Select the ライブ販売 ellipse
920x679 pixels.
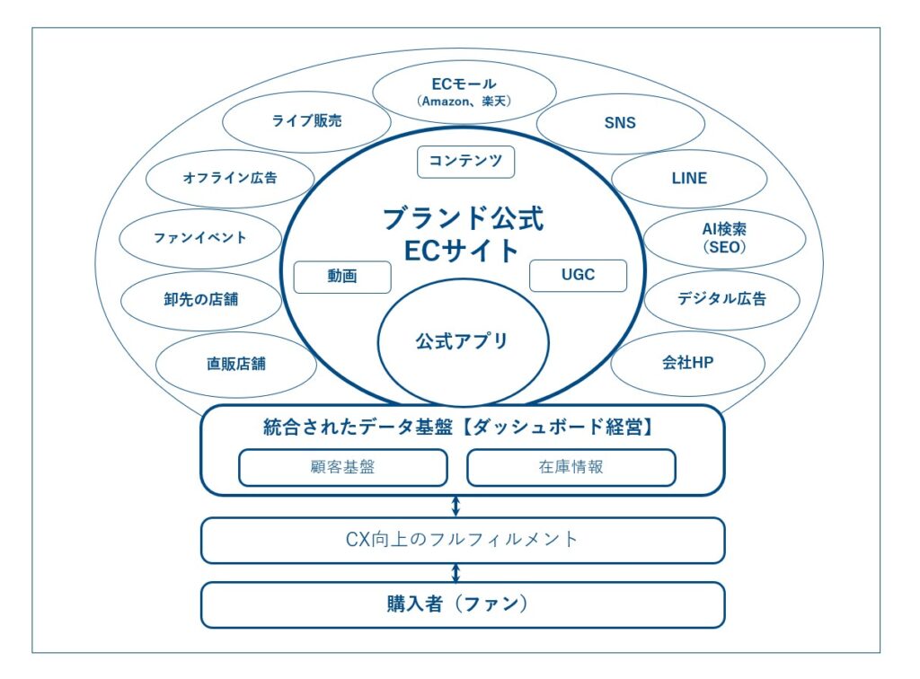(306, 121)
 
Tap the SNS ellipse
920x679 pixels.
(619, 122)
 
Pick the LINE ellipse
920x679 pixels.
(689, 178)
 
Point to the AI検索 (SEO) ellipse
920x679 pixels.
(723, 238)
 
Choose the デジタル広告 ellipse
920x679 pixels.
(721, 299)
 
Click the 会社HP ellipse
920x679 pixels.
(687, 363)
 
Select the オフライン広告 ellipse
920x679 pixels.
(230, 178)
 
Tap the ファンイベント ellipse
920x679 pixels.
(200, 238)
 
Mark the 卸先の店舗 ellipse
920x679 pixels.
(201, 299)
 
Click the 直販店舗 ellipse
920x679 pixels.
(235, 364)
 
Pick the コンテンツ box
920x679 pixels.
(465, 162)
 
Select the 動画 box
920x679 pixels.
(342, 277)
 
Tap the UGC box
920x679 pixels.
(578, 275)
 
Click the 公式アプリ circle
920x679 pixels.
(462, 341)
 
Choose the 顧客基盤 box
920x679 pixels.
(342, 467)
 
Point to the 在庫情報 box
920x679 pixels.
(571, 467)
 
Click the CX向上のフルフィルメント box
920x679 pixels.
(462, 540)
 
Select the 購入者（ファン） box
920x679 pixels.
(462, 604)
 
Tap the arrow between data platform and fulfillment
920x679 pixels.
(456, 506)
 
